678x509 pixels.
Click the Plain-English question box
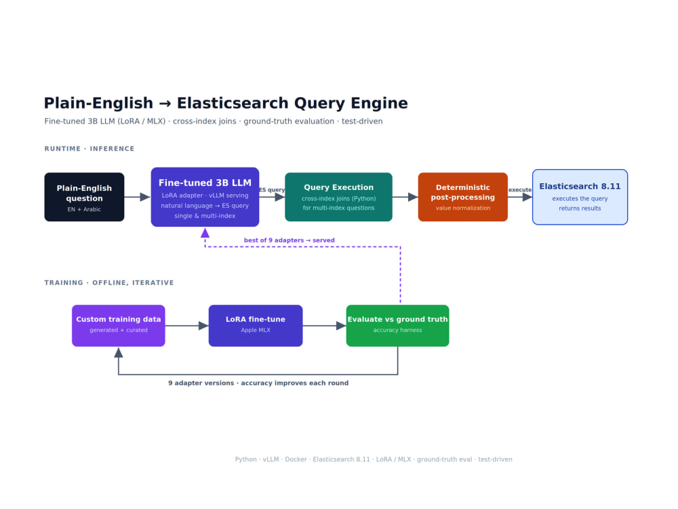pyautogui.click(x=84, y=197)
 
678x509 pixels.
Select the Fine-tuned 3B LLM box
pyautogui.click(x=205, y=197)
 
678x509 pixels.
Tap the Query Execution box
pyautogui.click(x=338, y=197)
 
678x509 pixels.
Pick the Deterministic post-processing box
pyautogui.click(x=462, y=197)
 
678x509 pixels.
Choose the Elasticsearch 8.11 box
pyautogui.click(x=580, y=197)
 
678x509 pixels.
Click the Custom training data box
pyautogui.click(x=119, y=326)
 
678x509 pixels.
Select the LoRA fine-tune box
pyautogui.click(x=256, y=326)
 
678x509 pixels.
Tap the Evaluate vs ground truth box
pyautogui.click(x=398, y=326)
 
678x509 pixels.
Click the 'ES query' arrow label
pyautogui.click(x=272, y=189)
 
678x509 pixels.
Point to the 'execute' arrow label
pyautogui.click(x=520, y=189)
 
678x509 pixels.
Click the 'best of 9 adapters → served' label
pyautogui.click(x=290, y=240)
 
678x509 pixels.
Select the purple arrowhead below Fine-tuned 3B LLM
pyautogui.click(x=205, y=233)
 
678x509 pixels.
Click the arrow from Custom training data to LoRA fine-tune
pyautogui.click(x=187, y=326)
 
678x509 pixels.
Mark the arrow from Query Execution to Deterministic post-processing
pyautogui.click(x=405, y=197)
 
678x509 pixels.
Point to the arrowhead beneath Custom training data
pyautogui.click(x=119, y=353)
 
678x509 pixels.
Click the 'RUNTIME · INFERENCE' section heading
pyautogui.click(x=89, y=149)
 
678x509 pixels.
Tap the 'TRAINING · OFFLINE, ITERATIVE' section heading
pyautogui.click(x=109, y=282)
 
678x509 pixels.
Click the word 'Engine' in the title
pyautogui.click(x=379, y=103)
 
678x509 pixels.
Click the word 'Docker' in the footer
pyautogui.click(x=296, y=459)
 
